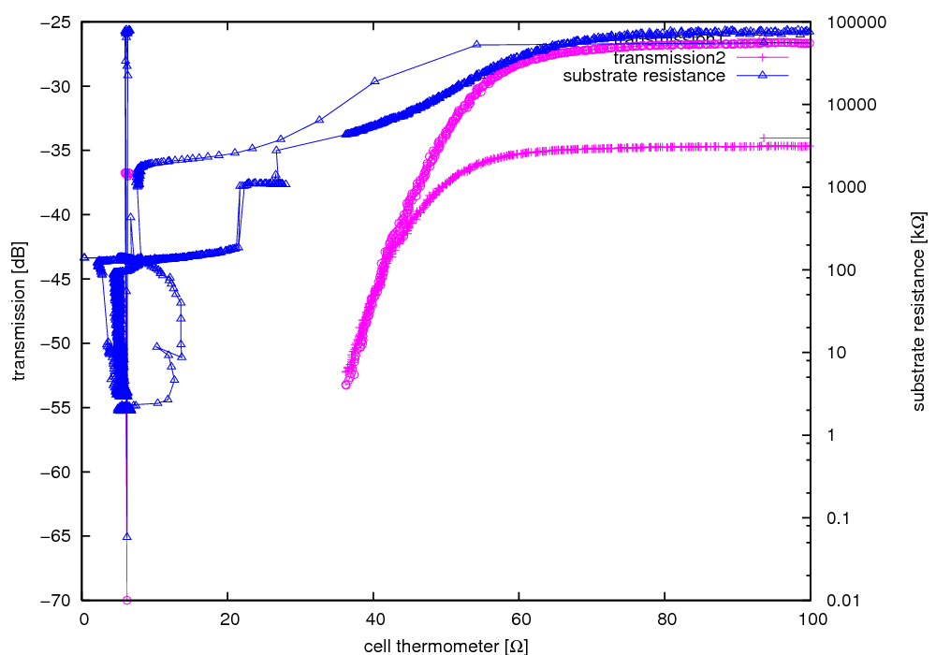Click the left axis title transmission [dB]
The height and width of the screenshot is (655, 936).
(20, 312)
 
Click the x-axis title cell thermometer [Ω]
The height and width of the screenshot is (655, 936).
(438, 645)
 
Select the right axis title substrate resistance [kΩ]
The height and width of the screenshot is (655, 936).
(918, 312)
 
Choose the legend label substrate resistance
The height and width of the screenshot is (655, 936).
(644, 75)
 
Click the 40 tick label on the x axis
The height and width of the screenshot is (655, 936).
(373, 619)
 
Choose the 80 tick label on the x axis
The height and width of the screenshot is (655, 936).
(665, 619)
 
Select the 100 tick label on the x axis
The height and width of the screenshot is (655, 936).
(811, 619)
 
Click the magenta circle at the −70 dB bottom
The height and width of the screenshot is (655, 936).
(126, 600)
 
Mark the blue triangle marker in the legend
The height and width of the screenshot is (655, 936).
(763, 75)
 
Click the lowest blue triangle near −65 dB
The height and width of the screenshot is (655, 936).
(126, 536)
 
